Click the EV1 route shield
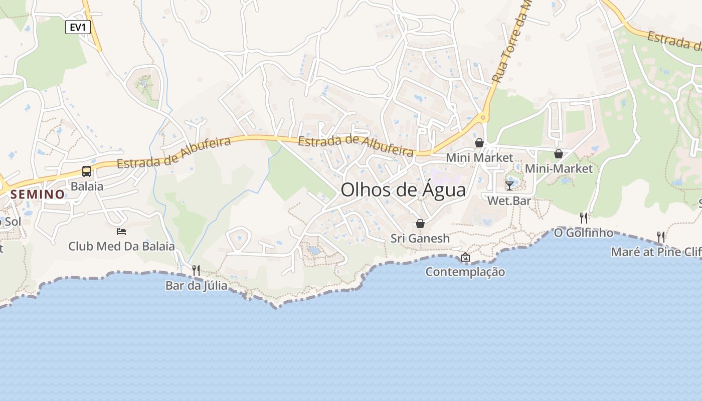(78, 27)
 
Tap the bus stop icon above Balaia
(87, 171)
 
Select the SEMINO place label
(38, 194)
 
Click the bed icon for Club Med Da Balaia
(121, 231)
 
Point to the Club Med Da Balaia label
(121, 246)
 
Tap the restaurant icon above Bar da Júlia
(196, 270)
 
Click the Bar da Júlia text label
(196, 286)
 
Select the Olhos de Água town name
(403, 190)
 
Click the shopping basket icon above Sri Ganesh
(420, 224)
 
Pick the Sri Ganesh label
(420, 238)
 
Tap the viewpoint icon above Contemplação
(465, 257)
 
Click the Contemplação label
(465, 272)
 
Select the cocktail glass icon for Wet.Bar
(509, 186)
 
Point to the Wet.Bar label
(509, 201)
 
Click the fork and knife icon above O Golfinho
(584, 218)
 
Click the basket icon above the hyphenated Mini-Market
(559, 154)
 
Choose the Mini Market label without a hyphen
(479, 157)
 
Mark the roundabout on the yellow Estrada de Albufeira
(483, 118)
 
